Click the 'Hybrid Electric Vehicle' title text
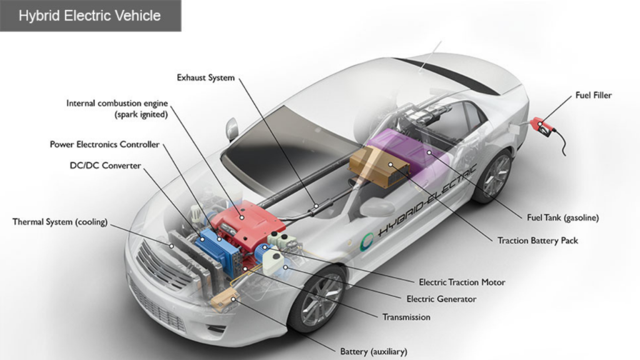pos(89,16)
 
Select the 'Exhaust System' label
pos(206,77)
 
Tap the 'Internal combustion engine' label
pos(117,103)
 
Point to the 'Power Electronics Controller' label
pos(104,144)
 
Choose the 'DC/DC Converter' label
pos(105,165)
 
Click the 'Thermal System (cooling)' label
pos(60,222)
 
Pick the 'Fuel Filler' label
pos(594,95)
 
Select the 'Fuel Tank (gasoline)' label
pos(563,217)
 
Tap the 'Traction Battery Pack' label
pos(537,241)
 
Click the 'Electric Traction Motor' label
pos(462,282)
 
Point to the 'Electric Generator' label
pos(441,299)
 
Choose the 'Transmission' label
pos(406,317)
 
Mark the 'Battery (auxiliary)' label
pos(374,351)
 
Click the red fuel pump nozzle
pos(542,126)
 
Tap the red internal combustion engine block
pos(247,222)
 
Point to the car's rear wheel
pos(492,176)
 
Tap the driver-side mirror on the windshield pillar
pos(232,127)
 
